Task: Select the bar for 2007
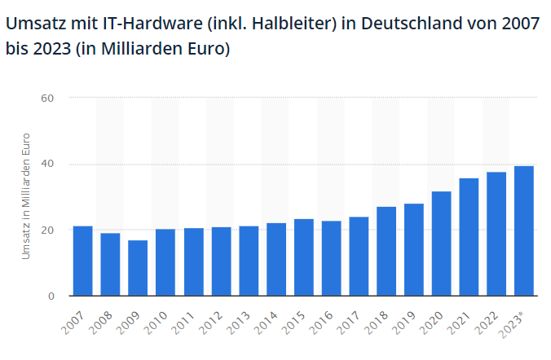(82, 261)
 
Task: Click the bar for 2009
(138, 268)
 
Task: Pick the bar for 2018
(386, 251)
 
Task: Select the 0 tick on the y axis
(51, 296)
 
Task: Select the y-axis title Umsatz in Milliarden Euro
(25, 196)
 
